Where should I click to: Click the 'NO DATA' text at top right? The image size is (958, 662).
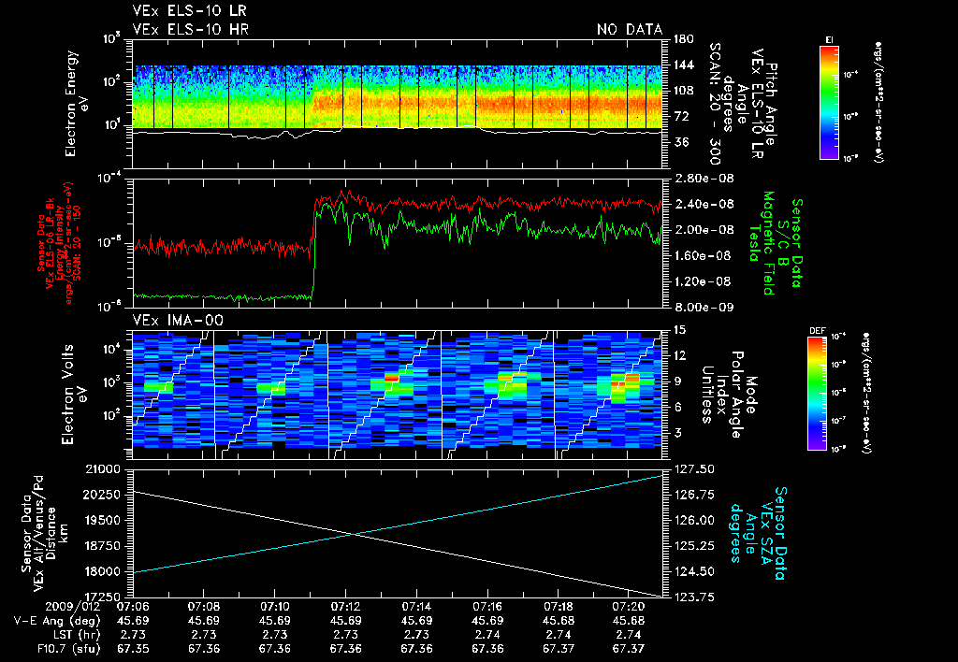630,30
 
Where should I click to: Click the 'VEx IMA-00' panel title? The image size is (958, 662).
170,320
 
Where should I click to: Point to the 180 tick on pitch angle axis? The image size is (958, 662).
680,38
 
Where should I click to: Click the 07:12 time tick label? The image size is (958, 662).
346,607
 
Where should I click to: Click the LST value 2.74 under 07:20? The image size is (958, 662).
631,633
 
